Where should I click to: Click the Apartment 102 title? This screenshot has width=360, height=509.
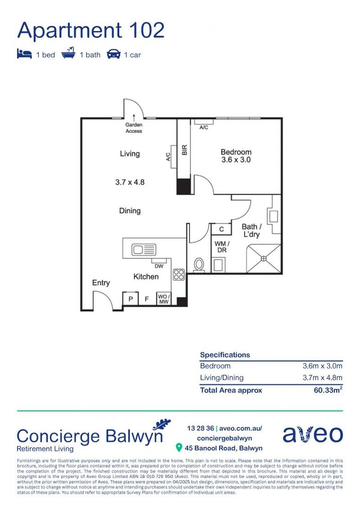pyautogui.click(x=91, y=30)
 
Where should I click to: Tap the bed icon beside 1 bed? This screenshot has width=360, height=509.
pyautogui.click(x=24, y=54)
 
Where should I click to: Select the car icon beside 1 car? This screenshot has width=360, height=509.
pyautogui.click(x=114, y=54)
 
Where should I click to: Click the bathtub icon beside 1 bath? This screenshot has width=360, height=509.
pyautogui.click(x=68, y=54)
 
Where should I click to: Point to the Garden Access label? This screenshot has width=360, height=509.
pyautogui.click(x=133, y=128)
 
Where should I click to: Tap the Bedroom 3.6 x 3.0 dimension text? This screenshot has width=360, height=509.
pyautogui.click(x=236, y=160)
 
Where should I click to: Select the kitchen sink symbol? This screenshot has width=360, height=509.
pyautogui.click(x=144, y=249)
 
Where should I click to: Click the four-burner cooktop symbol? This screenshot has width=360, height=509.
pyautogui.click(x=179, y=275)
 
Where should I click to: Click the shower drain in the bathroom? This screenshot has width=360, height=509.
pyautogui.click(x=264, y=258)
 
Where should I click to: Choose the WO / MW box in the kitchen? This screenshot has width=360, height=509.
pyautogui.click(x=164, y=299)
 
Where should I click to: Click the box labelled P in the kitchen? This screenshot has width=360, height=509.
pyautogui.click(x=130, y=299)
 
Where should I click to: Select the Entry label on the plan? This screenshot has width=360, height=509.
pyautogui.click(x=101, y=283)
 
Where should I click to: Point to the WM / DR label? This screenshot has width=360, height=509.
pyautogui.click(x=221, y=246)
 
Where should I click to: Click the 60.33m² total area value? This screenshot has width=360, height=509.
pyautogui.click(x=328, y=390)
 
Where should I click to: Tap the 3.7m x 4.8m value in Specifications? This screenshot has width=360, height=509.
pyautogui.click(x=322, y=378)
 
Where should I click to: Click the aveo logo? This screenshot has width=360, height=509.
pyautogui.click(x=312, y=435)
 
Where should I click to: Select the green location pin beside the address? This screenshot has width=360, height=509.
pyautogui.click(x=179, y=447)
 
